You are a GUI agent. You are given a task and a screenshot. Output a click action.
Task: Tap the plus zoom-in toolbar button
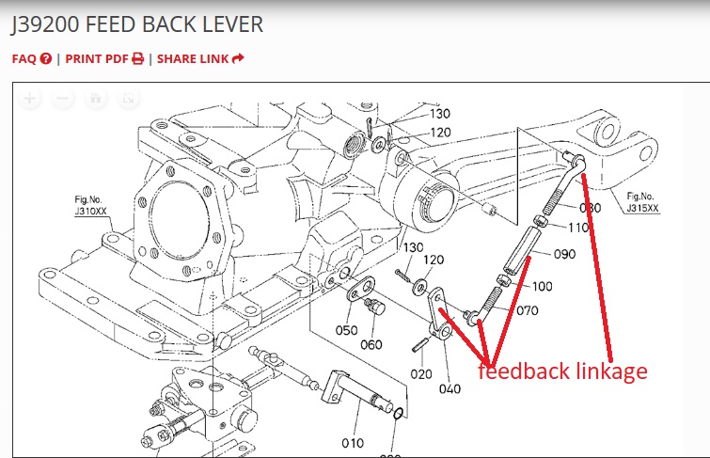pos(30,98)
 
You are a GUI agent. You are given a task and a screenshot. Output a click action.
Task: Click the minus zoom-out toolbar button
pos(63,98)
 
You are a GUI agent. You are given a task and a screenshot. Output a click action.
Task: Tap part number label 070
pos(527,310)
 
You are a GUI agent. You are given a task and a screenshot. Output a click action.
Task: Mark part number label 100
pos(543,286)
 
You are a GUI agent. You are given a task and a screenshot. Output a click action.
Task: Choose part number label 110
pos(577,228)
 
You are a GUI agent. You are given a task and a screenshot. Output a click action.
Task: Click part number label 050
pos(347,329)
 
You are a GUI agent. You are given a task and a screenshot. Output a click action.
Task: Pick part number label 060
pos(371,344)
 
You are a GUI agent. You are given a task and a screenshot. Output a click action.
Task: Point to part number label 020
pos(420,373)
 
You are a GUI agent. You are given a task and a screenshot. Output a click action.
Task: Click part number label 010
pos(352,443)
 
